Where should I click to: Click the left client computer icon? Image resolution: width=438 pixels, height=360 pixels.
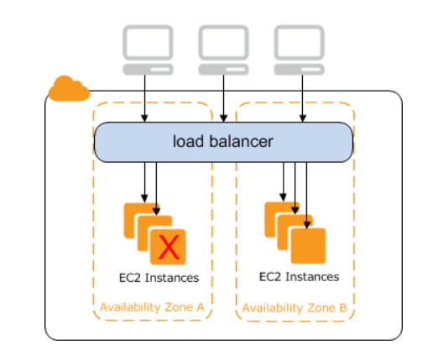pyautogui.click(x=148, y=48)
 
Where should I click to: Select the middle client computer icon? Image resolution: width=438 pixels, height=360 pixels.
pyautogui.click(x=223, y=48)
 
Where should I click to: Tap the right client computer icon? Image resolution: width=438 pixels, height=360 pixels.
pyautogui.click(x=299, y=48)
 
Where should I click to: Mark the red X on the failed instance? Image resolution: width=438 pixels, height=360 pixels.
pyautogui.click(x=170, y=247)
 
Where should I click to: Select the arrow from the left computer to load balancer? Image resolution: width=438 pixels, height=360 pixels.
pyautogui.click(x=148, y=97)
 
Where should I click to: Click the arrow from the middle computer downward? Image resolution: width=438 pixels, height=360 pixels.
pyautogui.click(x=223, y=97)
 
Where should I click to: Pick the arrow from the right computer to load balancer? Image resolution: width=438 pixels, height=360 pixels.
pyautogui.click(x=299, y=97)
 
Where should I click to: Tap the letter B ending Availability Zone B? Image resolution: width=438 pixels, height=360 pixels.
pyautogui.click(x=342, y=307)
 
